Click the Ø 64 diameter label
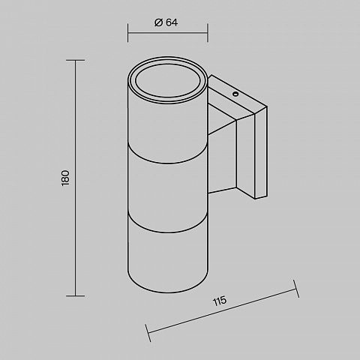click(x=166, y=22)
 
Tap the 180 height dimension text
click(x=65, y=178)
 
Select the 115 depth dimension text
click(x=220, y=301)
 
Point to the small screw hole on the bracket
click(x=235, y=94)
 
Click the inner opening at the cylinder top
click(x=168, y=81)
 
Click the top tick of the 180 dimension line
click(x=76, y=60)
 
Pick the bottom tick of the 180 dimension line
click(x=76, y=295)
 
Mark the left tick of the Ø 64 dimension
click(x=127, y=33)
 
